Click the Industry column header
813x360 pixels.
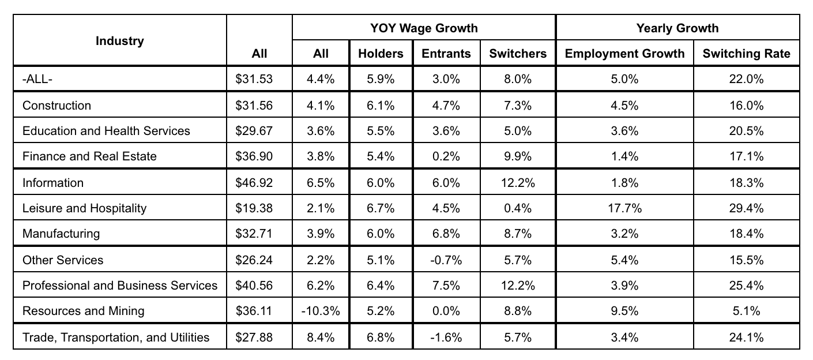[x=120, y=41]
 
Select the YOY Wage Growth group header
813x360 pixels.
[x=424, y=28]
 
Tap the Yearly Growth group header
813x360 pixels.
[x=677, y=28]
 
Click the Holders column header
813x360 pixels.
[x=381, y=54]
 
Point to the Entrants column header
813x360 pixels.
[x=446, y=54]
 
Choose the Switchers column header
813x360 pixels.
[x=518, y=54]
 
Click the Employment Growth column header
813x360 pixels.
[x=624, y=54]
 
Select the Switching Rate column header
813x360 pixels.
[x=746, y=54]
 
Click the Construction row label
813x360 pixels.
[x=57, y=106]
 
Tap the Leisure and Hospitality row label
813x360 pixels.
[x=84, y=208]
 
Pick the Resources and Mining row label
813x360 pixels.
[x=83, y=310]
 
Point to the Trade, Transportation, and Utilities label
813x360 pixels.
[x=116, y=337]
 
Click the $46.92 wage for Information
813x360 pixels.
[x=254, y=182]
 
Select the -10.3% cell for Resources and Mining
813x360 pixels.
[x=321, y=310]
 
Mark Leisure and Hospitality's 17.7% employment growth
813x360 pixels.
[x=624, y=208]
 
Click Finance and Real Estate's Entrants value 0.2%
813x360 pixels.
[x=446, y=156]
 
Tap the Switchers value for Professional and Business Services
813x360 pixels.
[x=518, y=285]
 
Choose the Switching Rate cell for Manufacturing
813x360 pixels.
[x=746, y=233]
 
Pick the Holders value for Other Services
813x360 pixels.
[x=381, y=260]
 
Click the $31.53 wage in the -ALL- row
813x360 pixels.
[x=254, y=79]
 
